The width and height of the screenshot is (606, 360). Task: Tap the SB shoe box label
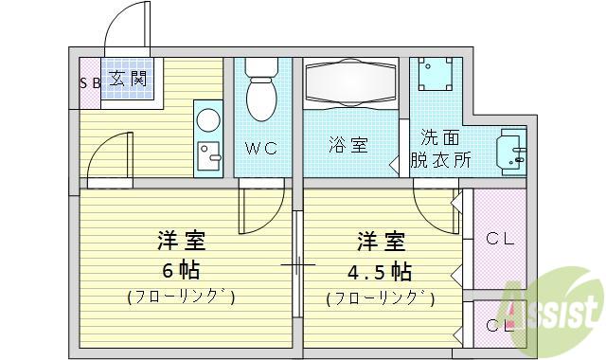(90, 82)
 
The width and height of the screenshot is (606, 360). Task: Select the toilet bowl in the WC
(261, 89)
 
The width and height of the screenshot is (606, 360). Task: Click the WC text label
(261, 148)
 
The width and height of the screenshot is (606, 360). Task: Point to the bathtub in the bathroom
(351, 82)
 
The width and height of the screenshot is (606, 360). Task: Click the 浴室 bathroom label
(348, 145)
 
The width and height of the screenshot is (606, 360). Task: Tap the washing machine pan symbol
(436, 74)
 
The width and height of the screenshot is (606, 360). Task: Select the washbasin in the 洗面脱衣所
(511, 152)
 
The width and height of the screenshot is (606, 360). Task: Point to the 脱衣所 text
(440, 159)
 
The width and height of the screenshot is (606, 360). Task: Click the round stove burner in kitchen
(208, 119)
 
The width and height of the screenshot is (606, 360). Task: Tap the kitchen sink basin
(208, 155)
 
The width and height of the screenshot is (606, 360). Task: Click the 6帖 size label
(181, 270)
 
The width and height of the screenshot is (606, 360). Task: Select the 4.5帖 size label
(379, 271)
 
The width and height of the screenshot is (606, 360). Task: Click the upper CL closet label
(500, 239)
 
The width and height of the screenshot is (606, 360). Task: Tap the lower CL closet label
(500, 326)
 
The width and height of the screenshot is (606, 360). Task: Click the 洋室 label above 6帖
(181, 241)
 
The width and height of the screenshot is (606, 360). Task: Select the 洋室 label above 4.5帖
(381, 242)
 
